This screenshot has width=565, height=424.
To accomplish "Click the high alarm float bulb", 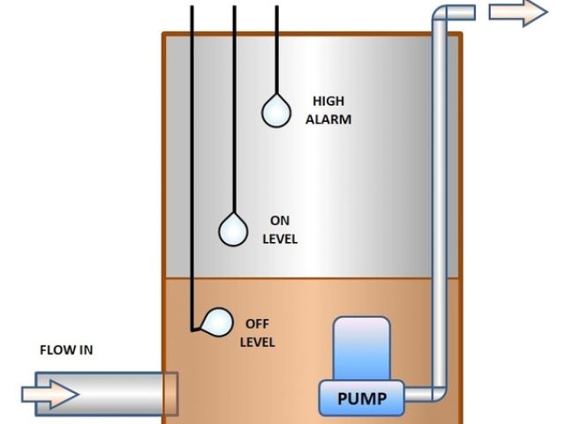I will [276, 112].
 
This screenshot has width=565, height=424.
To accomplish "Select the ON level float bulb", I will [234, 230].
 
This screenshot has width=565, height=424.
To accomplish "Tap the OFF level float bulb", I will [215, 322].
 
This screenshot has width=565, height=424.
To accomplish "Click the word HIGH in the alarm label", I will [328, 102].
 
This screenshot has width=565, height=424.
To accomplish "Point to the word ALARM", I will [328, 119].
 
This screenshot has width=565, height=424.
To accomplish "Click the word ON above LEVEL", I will [280, 221].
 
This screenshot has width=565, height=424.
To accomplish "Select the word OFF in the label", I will [257, 324].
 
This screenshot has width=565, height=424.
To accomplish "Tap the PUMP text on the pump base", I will [362, 397].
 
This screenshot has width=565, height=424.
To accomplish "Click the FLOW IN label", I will [66, 350].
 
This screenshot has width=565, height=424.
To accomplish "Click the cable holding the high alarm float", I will [276, 49].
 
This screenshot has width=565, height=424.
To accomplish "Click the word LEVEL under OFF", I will [258, 342].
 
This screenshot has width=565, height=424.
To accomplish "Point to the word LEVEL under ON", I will [280, 239].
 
